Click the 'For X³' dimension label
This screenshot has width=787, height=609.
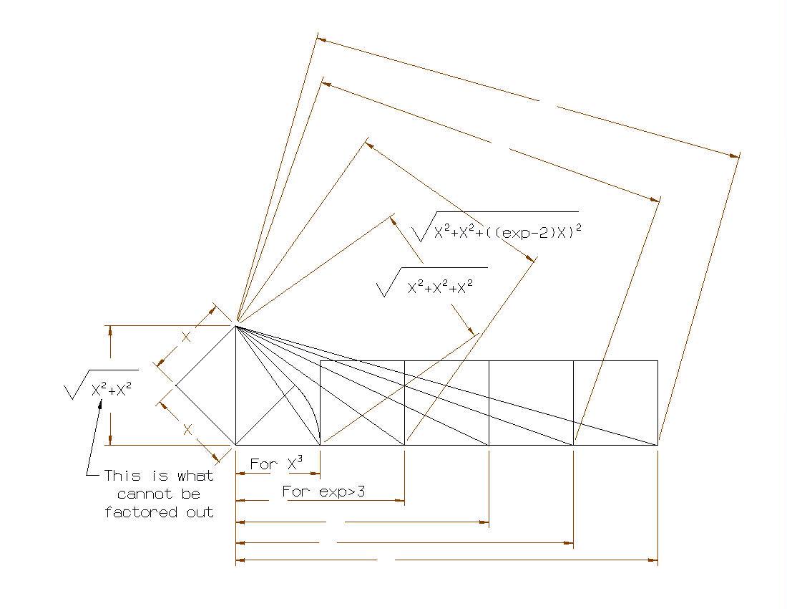coord(276,464)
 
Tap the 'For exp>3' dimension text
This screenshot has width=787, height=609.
coord(323,491)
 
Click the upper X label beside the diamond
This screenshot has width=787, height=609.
coord(186,337)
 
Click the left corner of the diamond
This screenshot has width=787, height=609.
coord(176,385)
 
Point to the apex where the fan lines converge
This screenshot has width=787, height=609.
coord(236,325)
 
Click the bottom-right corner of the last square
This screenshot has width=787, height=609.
coord(658,445)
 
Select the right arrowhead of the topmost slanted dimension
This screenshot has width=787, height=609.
coord(734,155)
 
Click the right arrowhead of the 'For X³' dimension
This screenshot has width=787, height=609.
coord(316,474)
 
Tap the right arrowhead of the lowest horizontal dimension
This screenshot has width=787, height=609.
coord(652,560)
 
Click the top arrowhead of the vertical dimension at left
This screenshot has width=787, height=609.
coord(110,330)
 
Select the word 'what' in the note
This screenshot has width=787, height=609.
coord(195,475)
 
